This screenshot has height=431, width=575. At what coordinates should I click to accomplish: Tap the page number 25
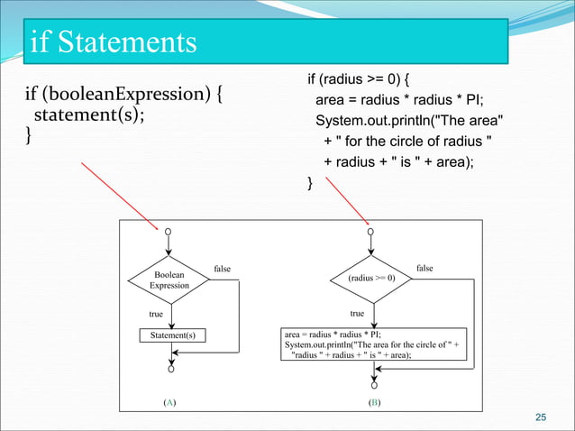click(x=541, y=417)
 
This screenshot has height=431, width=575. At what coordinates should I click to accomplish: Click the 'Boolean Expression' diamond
click(x=169, y=280)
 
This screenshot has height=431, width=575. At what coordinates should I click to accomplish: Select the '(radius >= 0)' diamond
click(x=372, y=279)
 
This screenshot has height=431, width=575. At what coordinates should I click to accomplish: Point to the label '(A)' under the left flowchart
click(x=169, y=401)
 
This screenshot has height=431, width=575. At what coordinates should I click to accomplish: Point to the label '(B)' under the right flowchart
click(x=373, y=401)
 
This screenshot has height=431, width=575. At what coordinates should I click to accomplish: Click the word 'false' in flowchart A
click(x=222, y=268)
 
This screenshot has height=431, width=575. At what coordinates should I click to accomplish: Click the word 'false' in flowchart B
click(x=424, y=268)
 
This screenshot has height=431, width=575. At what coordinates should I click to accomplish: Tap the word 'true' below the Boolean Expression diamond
click(x=156, y=314)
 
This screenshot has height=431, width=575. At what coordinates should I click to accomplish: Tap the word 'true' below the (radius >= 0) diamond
click(x=357, y=314)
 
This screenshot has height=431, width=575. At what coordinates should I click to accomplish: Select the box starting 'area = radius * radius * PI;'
click(x=373, y=344)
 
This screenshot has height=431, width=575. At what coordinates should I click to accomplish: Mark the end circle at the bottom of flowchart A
click(x=169, y=368)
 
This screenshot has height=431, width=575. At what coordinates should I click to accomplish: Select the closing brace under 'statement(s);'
click(x=28, y=136)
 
